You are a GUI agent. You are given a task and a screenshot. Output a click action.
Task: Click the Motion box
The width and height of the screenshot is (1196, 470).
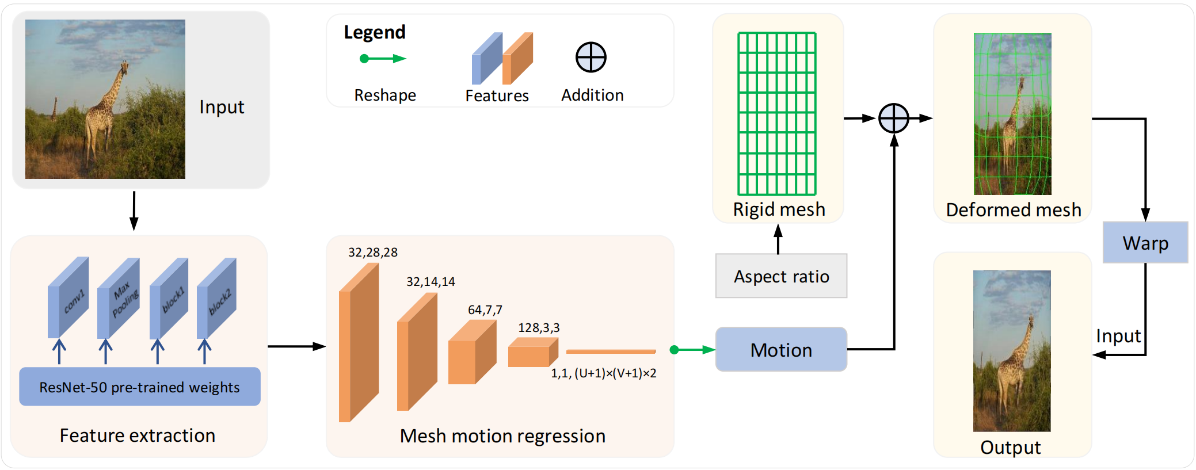click(781, 350)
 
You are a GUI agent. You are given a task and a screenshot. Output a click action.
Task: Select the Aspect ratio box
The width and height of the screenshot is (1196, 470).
click(781, 276)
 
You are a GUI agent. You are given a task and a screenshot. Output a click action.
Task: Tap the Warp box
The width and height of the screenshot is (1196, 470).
click(1145, 243)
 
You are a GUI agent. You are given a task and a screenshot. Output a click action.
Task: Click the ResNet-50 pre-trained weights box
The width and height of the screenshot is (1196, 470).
click(139, 387)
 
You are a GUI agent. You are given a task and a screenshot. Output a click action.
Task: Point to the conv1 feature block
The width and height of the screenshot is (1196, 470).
click(68, 297)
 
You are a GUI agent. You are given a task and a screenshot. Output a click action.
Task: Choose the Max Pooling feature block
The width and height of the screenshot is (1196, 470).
click(119, 298)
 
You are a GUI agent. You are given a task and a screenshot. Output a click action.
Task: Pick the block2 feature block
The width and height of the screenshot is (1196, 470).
click(217, 298)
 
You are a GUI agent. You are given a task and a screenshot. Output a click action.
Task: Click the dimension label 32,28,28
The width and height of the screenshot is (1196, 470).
click(372, 253)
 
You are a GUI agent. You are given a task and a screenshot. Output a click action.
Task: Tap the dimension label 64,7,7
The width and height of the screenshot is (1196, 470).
click(485, 310)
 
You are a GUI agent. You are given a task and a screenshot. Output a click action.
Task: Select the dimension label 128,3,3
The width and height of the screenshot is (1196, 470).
click(538, 328)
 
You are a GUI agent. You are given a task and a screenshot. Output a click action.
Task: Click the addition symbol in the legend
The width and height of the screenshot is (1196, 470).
click(591, 58)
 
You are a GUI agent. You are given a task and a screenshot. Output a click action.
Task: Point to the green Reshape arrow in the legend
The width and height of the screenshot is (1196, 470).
click(383, 58)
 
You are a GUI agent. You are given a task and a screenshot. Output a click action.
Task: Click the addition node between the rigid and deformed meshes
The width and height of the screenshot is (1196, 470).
click(893, 119)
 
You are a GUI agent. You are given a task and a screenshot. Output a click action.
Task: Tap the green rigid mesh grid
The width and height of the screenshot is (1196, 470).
click(777, 114)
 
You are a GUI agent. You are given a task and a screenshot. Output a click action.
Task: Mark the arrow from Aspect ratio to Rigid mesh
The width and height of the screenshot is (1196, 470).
click(778, 238)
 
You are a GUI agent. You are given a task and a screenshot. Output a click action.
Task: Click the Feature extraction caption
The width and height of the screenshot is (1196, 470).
click(137, 435)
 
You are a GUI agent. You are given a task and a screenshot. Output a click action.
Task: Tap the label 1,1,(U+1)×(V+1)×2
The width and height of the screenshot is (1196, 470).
click(603, 373)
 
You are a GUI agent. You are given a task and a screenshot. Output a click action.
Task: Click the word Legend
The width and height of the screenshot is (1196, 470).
click(375, 33)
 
